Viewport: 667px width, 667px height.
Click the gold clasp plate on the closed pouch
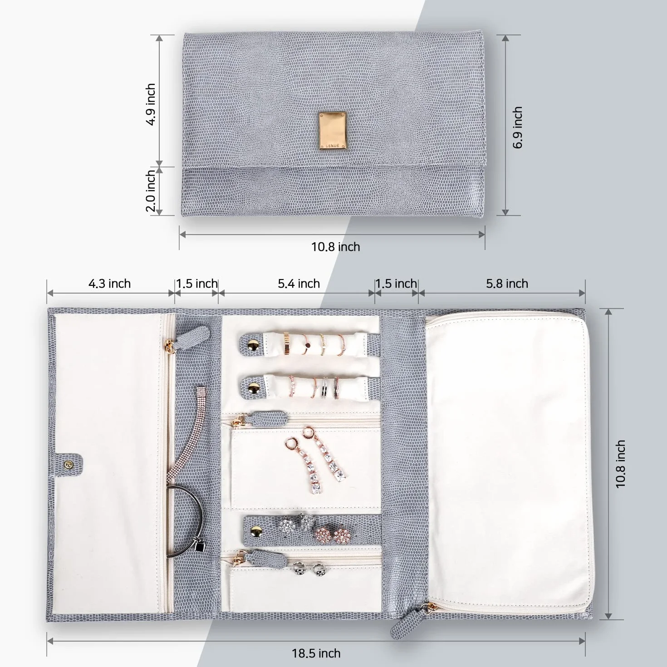pyautogui.click(x=332, y=131)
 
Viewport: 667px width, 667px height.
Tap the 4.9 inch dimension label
pyautogui.click(x=151, y=104)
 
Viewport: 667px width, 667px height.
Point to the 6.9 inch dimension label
pyautogui.click(x=517, y=128)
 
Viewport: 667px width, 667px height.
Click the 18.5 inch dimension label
pyautogui.click(x=316, y=653)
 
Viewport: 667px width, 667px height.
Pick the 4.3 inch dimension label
pyautogui.click(x=109, y=284)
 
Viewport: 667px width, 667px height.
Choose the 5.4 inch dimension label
pyautogui.click(x=299, y=284)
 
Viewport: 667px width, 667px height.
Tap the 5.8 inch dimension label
pyautogui.click(x=507, y=284)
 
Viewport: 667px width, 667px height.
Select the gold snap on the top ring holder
pyautogui.click(x=254, y=345)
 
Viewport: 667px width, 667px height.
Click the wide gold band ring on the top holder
pyautogui.click(x=287, y=343)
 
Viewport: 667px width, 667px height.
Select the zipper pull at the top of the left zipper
pyautogui.click(x=194, y=335)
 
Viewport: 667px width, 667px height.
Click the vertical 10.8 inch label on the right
pyautogui.click(x=621, y=464)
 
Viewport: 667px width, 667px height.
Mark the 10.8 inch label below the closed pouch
pyautogui.click(x=335, y=247)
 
